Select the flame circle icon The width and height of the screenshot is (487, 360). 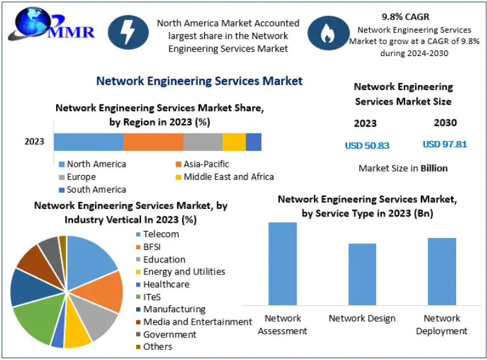click(328, 34)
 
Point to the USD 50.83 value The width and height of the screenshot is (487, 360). click(367, 145)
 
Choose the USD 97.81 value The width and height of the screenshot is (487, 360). click(445, 144)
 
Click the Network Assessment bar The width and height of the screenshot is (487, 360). click(282, 264)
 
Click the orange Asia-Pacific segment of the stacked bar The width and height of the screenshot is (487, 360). click(153, 142)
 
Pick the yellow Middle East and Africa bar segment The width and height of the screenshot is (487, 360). click(234, 142)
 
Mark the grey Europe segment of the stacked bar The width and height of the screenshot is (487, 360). click(203, 142)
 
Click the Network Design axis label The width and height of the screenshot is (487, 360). click(362, 318)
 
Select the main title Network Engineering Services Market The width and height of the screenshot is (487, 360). click(199, 81)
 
